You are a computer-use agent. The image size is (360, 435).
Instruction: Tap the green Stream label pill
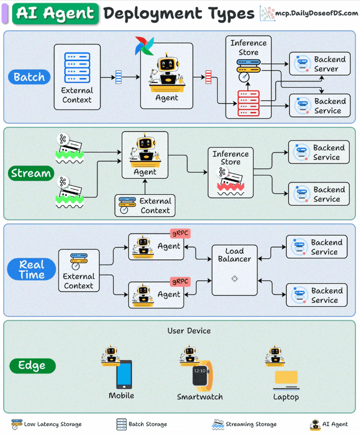pyautogui.click(x=31, y=173)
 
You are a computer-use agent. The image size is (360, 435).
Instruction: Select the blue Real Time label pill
pyautogui.click(x=31, y=270)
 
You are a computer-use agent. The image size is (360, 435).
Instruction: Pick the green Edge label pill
pyautogui.click(x=32, y=366)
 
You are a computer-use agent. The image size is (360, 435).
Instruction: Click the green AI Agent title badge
pyautogui.click(x=56, y=13)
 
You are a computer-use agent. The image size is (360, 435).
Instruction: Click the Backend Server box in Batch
pyautogui.click(x=320, y=64)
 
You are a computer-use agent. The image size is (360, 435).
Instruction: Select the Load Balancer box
pyautogui.click(x=235, y=270)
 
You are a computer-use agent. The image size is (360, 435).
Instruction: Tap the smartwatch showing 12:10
pyautogui.click(x=201, y=375)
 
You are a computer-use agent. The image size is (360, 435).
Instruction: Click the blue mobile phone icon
pyautogui.click(x=124, y=374)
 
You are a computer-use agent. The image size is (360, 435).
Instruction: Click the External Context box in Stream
pyautogui.click(x=145, y=206)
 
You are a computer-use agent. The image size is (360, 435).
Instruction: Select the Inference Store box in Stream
pyautogui.click(x=231, y=173)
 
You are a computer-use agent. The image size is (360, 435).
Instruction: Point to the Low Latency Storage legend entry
pyautogui.click(x=47, y=424)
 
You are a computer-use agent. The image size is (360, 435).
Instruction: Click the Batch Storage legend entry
pyautogui.click(x=142, y=424)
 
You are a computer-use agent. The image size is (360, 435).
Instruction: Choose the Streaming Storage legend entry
pyautogui.click(x=244, y=424)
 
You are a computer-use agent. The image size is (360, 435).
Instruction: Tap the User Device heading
pyautogui.click(x=189, y=330)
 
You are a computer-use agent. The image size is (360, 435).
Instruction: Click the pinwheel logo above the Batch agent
pyautogui.click(x=145, y=46)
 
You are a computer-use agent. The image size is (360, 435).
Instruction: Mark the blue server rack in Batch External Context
pyautogui.click(x=77, y=67)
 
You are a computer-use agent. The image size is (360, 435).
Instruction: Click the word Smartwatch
pyautogui.click(x=200, y=397)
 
